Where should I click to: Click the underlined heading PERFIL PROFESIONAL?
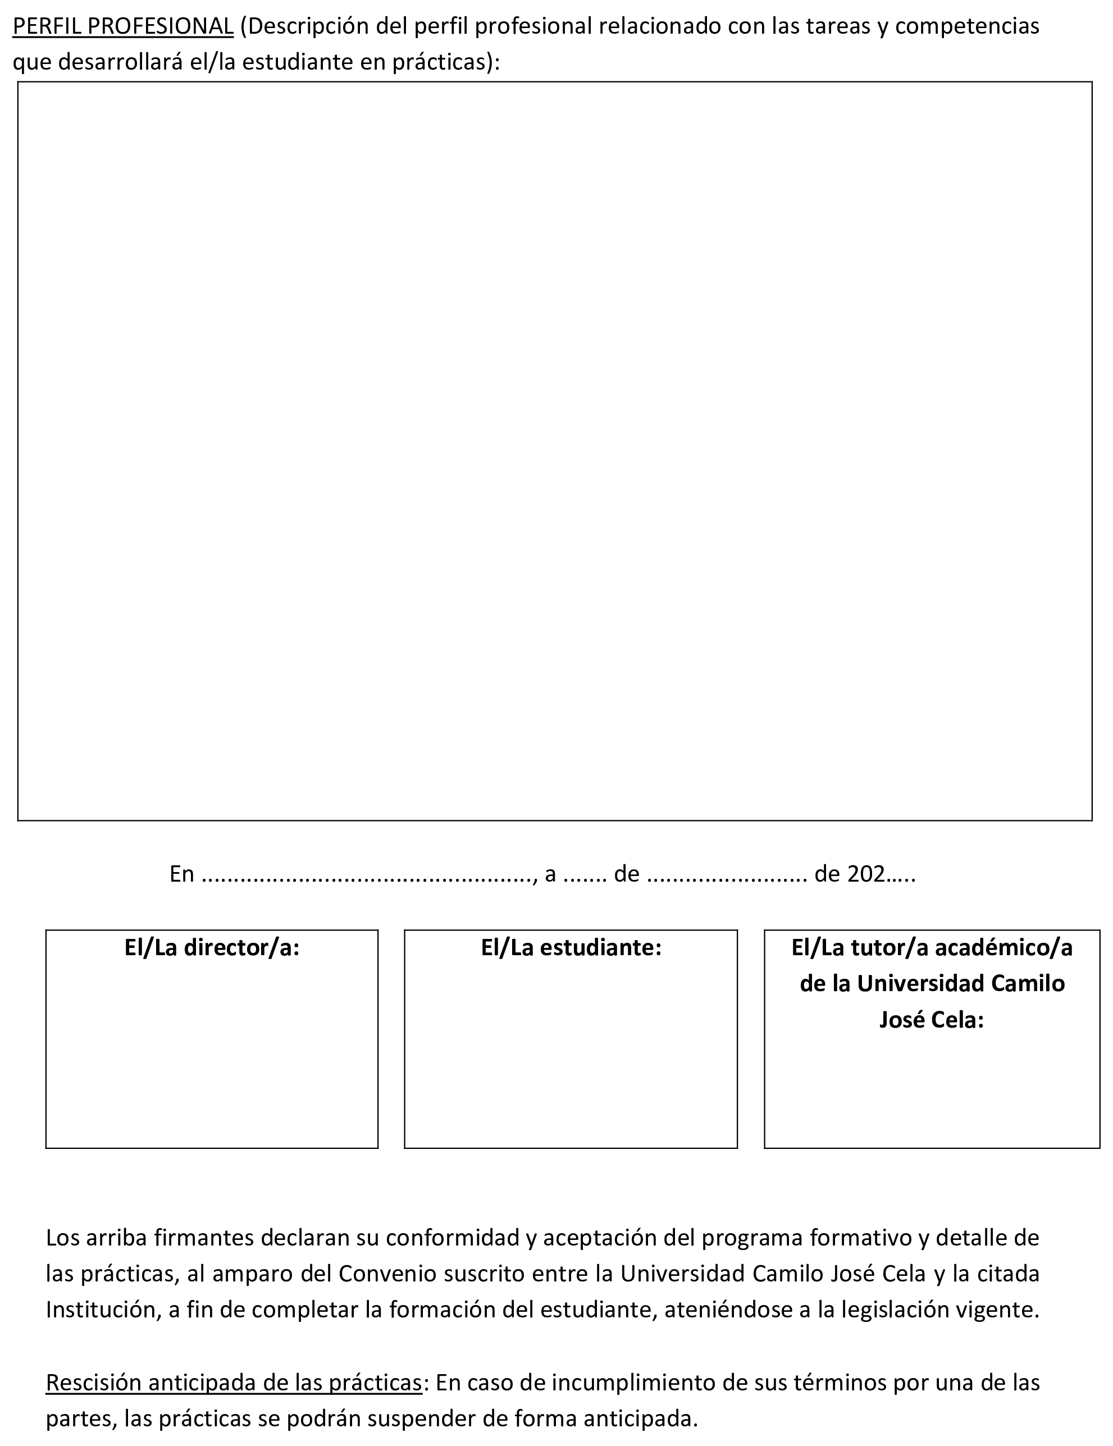pos(123,26)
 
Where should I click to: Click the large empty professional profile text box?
pos(554,450)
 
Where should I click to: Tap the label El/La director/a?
pos(212,948)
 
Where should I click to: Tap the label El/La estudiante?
pos(571,948)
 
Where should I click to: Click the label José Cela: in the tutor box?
pos(932,1020)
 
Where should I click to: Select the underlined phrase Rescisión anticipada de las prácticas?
pos(234,1383)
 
